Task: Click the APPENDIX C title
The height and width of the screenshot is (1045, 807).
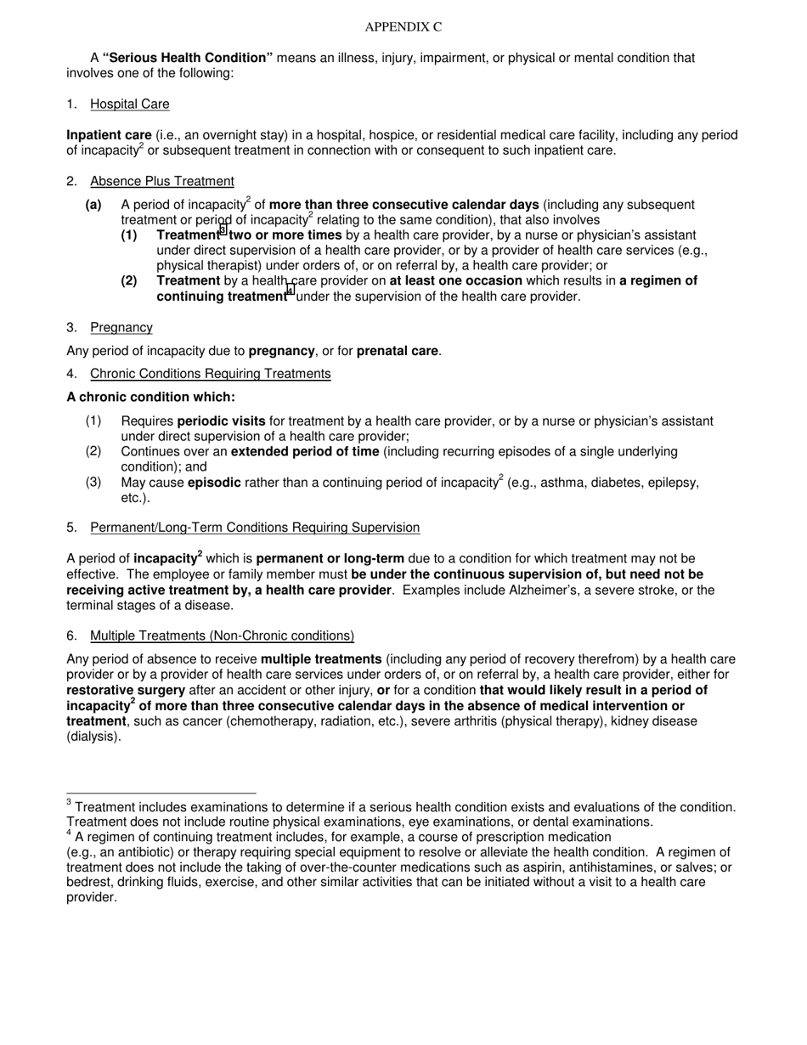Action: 403,27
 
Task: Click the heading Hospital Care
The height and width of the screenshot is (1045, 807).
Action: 129,104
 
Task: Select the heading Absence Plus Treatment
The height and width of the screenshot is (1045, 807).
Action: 161,181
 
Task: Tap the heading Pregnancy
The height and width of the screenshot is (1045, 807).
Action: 121,327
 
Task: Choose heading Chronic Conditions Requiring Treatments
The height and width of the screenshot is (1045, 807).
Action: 210,374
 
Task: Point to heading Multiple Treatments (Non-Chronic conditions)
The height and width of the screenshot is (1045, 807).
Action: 222,635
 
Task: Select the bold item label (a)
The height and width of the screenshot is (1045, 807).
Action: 93,205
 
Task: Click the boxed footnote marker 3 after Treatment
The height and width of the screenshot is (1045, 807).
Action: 223,230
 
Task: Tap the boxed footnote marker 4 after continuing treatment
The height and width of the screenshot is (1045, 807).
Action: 291,291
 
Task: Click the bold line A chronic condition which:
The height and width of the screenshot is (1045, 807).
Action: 150,398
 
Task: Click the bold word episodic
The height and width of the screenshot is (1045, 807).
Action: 214,483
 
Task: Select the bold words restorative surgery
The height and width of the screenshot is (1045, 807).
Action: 126,691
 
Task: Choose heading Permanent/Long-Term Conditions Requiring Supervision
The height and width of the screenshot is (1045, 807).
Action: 255,528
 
